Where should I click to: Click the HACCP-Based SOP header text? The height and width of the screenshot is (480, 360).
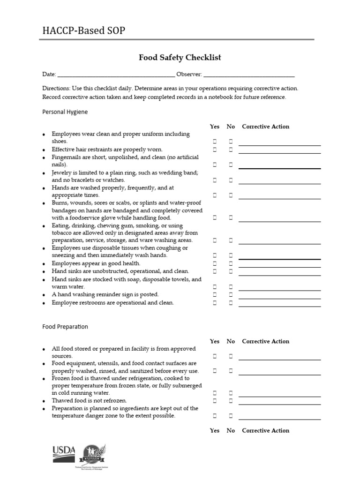click(84, 31)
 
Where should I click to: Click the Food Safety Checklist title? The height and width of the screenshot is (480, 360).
click(180, 58)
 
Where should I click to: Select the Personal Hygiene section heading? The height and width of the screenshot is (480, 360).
click(65, 112)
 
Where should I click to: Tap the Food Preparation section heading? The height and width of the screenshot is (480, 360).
click(65, 327)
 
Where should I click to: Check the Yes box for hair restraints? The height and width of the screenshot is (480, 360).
click(215, 150)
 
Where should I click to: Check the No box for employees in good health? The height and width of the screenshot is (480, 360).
click(231, 263)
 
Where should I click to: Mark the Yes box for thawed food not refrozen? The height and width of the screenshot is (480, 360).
click(215, 401)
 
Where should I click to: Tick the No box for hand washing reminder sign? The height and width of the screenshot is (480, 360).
click(231, 295)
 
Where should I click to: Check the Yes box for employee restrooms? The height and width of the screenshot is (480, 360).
click(215, 303)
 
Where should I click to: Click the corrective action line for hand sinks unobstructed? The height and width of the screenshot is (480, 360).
click(280, 274)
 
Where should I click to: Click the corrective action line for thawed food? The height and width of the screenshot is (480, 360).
click(280, 404)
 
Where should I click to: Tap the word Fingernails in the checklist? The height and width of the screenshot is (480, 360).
click(66, 157)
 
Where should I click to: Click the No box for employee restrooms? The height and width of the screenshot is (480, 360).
click(231, 303)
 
